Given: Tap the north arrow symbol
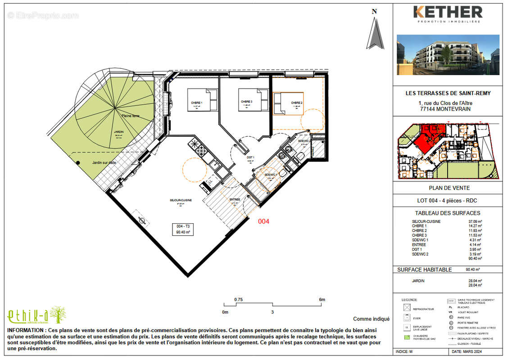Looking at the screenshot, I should click(375, 31).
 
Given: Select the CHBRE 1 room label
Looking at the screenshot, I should click(197, 103).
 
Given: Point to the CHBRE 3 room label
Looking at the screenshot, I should click(246, 102).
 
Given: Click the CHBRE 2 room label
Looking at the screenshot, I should click(296, 103).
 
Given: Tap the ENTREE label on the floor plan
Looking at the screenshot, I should click(235, 199).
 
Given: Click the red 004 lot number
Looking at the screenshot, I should click(263, 221).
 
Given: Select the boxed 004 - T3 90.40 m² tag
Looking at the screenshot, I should click(182, 229).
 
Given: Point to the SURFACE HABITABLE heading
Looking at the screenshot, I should click(424, 270).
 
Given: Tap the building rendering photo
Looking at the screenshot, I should click(448, 54).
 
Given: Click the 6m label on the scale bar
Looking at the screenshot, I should click(322, 300).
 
